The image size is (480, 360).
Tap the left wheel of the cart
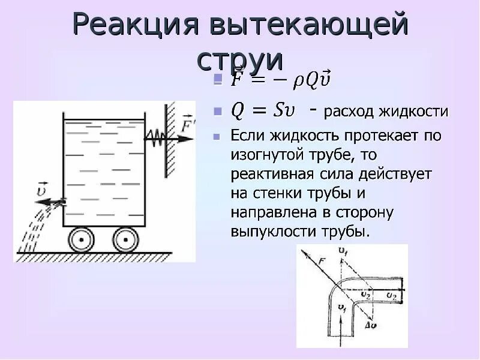(79, 239)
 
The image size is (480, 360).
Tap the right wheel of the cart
(125, 239)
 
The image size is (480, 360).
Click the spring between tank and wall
(155, 137)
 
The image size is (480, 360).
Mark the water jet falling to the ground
(30, 231)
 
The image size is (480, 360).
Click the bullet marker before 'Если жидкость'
(217, 136)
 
